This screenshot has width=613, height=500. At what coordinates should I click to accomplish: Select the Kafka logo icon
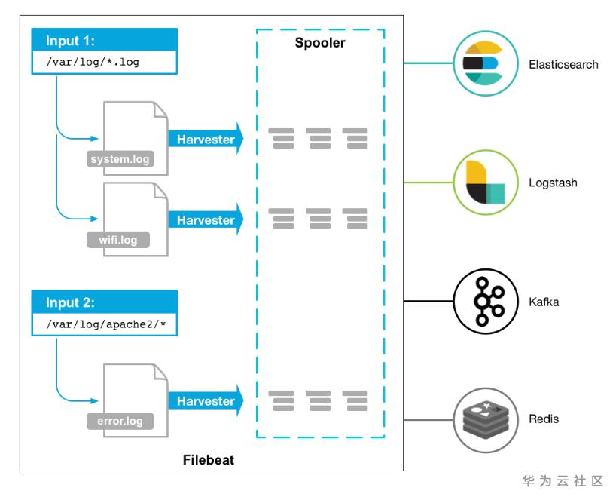coord(483,302)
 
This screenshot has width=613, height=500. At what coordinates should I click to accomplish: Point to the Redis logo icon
coord(483,419)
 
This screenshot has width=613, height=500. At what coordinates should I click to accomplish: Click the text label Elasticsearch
coord(563,65)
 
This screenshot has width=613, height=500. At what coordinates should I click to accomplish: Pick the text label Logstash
coord(553,183)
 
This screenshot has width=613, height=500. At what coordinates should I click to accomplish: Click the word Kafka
coord(544,302)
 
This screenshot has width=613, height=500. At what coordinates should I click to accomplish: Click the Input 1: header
coord(72,41)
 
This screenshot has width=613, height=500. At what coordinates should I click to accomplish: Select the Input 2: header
coord(72,303)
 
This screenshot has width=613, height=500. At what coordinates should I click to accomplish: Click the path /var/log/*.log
coord(93,63)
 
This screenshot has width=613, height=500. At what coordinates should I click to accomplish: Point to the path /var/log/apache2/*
coord(105,325)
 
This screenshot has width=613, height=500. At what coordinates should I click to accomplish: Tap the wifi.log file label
coord(118,241)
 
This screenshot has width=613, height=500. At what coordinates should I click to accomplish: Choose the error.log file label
coord(120,421)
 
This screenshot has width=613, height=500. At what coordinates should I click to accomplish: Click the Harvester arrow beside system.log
coord(206,140)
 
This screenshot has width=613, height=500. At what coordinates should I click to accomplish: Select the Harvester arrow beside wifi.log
coord(206,220)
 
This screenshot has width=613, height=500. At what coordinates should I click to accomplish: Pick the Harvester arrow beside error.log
coord(206,401)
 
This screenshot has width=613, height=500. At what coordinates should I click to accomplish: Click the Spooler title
coord(320,43)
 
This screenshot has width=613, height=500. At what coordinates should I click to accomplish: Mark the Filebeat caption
coord(209,459)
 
